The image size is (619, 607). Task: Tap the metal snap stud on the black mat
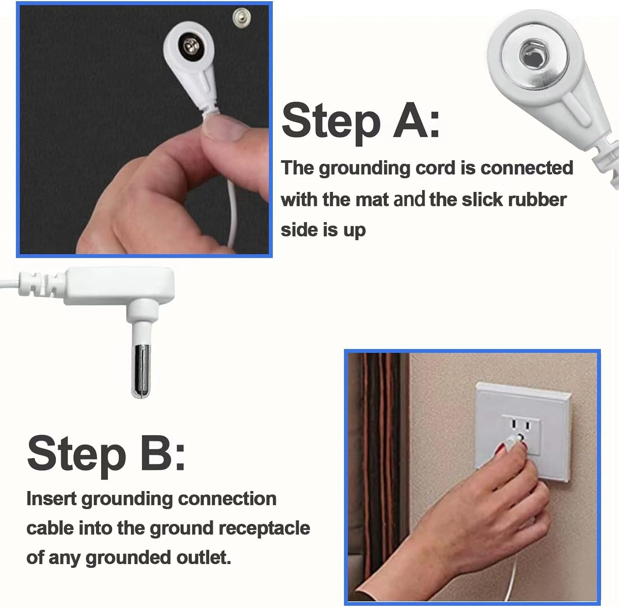pos(239,16)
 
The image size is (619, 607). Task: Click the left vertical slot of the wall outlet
pos(514,424)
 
